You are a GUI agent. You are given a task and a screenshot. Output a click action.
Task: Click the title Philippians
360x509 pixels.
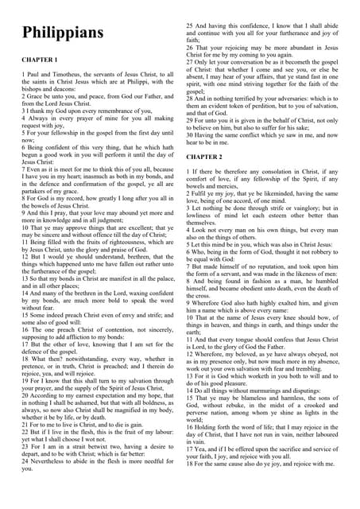point(63,33)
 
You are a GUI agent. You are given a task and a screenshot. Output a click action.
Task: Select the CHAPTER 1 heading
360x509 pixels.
point(40,60)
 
